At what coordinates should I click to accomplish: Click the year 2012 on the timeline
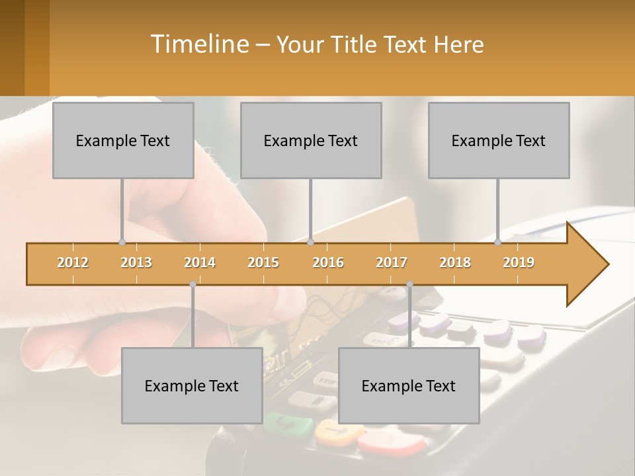point(73,262)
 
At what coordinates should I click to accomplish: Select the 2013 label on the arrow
point(136,262)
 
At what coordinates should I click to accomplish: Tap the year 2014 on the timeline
point(200,262)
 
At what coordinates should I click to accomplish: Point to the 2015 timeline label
point(263,262)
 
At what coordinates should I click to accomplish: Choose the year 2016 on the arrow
point(328,262)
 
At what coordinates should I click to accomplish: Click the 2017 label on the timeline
point(392,262)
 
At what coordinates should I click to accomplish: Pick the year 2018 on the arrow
point(455,262)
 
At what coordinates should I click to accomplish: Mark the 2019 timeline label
point(519,262)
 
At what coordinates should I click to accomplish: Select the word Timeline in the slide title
point(198,44)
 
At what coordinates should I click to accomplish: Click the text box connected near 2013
point(123,140)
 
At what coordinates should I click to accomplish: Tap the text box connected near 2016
point(311,140)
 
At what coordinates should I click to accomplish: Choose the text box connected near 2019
point(499,140)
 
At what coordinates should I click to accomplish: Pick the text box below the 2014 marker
point(192,385)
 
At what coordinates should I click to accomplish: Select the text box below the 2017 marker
point(409,385)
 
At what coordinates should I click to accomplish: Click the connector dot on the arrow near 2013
point(122,243)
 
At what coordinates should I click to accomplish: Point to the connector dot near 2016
point(310,243)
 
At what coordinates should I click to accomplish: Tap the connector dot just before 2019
point(498,243)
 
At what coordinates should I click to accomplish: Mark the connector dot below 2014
point(192,284)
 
